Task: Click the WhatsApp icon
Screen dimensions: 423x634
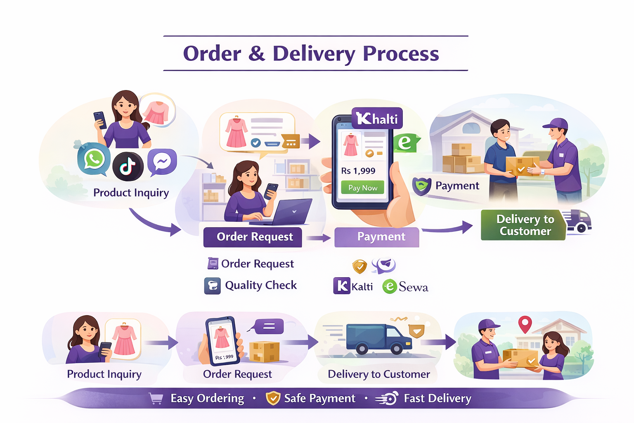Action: tap(94, 159)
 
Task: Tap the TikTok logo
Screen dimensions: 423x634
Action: tap(128, 166)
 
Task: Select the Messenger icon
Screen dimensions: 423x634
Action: tap(162, 162)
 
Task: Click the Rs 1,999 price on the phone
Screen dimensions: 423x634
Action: tap(358, 171)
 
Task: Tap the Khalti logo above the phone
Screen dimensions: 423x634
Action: tap(377, 119)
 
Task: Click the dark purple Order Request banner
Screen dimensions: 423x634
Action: tap(253, 237)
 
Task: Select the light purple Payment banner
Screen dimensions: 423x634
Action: tap(376, 237)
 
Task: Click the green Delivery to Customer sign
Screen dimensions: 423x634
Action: tap(523, 225)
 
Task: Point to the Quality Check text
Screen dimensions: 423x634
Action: tap(261, 285)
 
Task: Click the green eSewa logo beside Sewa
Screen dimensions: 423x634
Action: tap(389, 287)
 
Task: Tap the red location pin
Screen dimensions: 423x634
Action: tap(525, 324)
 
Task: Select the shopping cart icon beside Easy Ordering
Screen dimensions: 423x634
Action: tap(156, 399)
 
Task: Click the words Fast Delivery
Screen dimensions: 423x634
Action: tap(438, 399)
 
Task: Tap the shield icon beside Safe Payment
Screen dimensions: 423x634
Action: tap(273, 398)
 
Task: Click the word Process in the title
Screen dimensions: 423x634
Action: tap(401, 54)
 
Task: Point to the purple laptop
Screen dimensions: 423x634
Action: tap(291, 211)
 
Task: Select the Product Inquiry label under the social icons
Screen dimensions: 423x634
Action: tap(131, 193)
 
